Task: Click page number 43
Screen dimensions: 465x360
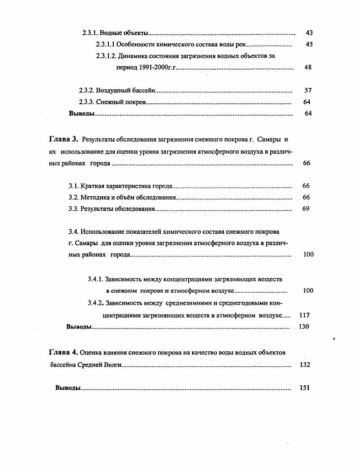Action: [x=309, y=33]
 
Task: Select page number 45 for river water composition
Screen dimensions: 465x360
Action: [x=309, y=44]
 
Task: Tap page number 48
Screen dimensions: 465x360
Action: [x=308, y=68]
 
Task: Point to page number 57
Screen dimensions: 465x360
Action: [x=308, y=91]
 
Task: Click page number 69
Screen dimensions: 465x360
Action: [x=306, y=209]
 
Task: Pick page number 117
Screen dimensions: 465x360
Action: [x=305, y=315]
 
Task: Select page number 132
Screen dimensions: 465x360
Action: [x=305, y=364]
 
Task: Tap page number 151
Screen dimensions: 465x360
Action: [x=305, y=388]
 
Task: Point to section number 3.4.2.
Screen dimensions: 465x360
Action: [x=97, y=303]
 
